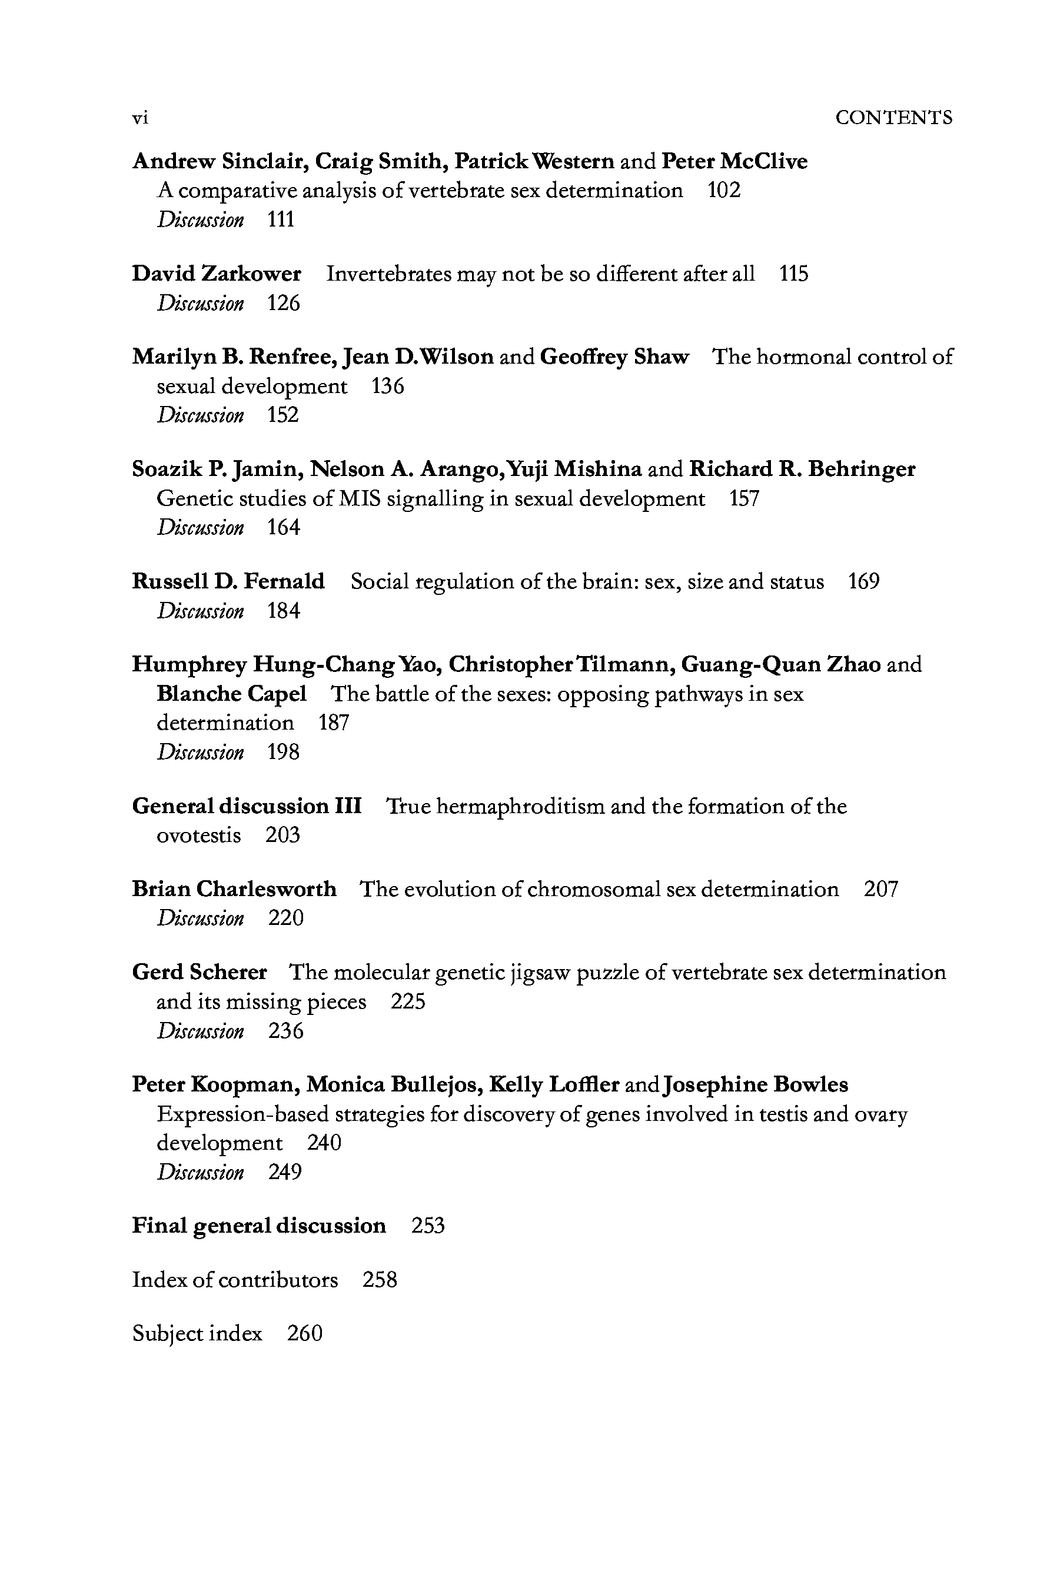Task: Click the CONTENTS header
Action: coord(893,118)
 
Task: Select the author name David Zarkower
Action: coord(217,274)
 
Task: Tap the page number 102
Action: coord(723,191)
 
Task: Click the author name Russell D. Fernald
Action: coord(228,581)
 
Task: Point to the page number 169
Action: coord(863,581)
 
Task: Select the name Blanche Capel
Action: coord(231,693)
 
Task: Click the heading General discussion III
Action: coord(247,806)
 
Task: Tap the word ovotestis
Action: coord(198,836)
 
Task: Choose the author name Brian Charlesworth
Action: coord(234,890)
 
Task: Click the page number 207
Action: coord(881,890)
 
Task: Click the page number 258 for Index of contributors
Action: coord(380,1280)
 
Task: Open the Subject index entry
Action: coord(197,1334)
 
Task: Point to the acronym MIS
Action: coord(358,499)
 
